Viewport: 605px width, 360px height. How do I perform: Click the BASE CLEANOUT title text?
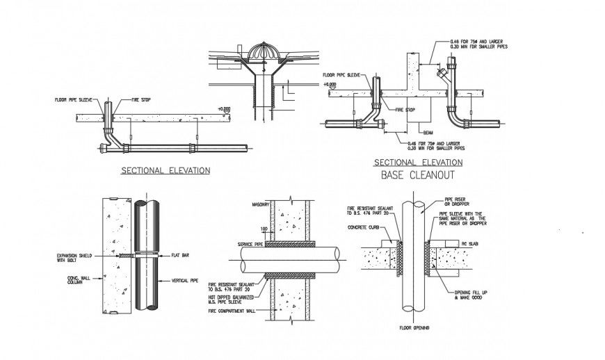pyautogui.click(x=417, y=175)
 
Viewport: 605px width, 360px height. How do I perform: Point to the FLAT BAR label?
pyautogui.click(x=179, y=256)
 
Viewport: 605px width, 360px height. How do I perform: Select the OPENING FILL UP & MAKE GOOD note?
pyautogui.click(x=469, y=295)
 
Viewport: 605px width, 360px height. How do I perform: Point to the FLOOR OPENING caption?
pyautogui.click(x=415, y=327)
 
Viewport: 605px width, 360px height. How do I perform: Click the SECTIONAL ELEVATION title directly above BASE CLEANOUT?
pyautogui.click(x=418, y=163)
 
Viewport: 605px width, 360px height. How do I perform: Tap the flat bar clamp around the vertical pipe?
pyautogui.click(x=147, y=256)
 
